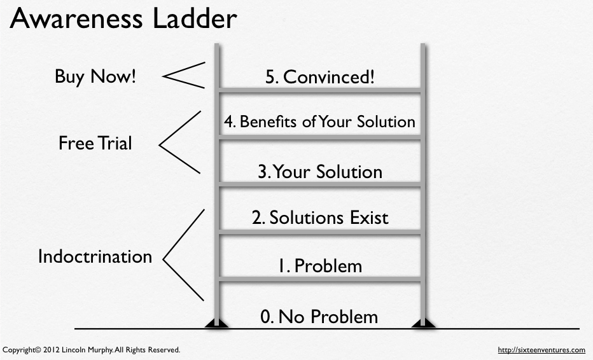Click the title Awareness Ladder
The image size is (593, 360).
tap(123, 20)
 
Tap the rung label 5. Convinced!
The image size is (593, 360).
tap(319, 77)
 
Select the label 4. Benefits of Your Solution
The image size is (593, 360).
tap(319, 121)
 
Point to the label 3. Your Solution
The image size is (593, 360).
tap(319, 172)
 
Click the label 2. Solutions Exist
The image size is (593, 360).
tap(319, 218)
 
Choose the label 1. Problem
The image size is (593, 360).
tap(319, 265)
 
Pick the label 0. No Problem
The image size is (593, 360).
tap(319, 316)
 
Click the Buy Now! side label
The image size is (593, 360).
tap(95, 77)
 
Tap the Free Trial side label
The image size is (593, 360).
tap(95, 143)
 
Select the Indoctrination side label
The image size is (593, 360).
tap(95, 256)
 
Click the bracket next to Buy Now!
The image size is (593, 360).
tap(183, 76)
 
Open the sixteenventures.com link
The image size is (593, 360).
tap(541, 350)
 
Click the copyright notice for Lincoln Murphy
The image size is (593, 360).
tap(92, 350)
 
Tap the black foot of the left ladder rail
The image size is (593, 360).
tap(217, 324)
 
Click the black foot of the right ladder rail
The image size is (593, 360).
tap(423, 324)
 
